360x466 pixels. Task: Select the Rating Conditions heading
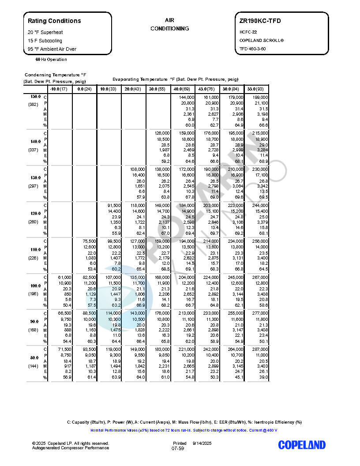click(54, 21)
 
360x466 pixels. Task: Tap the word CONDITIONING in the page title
click(170, 29)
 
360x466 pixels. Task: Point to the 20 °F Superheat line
click(45, 32)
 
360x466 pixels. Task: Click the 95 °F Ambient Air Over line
click(52, 49)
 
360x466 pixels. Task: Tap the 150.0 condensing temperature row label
click(35, 97)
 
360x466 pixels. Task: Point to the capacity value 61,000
click(61, 277)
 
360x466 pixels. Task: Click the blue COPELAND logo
click(302, 445)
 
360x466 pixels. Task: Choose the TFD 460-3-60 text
click(253, 49)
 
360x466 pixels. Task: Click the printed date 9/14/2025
click(202, 443)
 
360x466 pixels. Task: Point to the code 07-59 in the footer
click(178, 448)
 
